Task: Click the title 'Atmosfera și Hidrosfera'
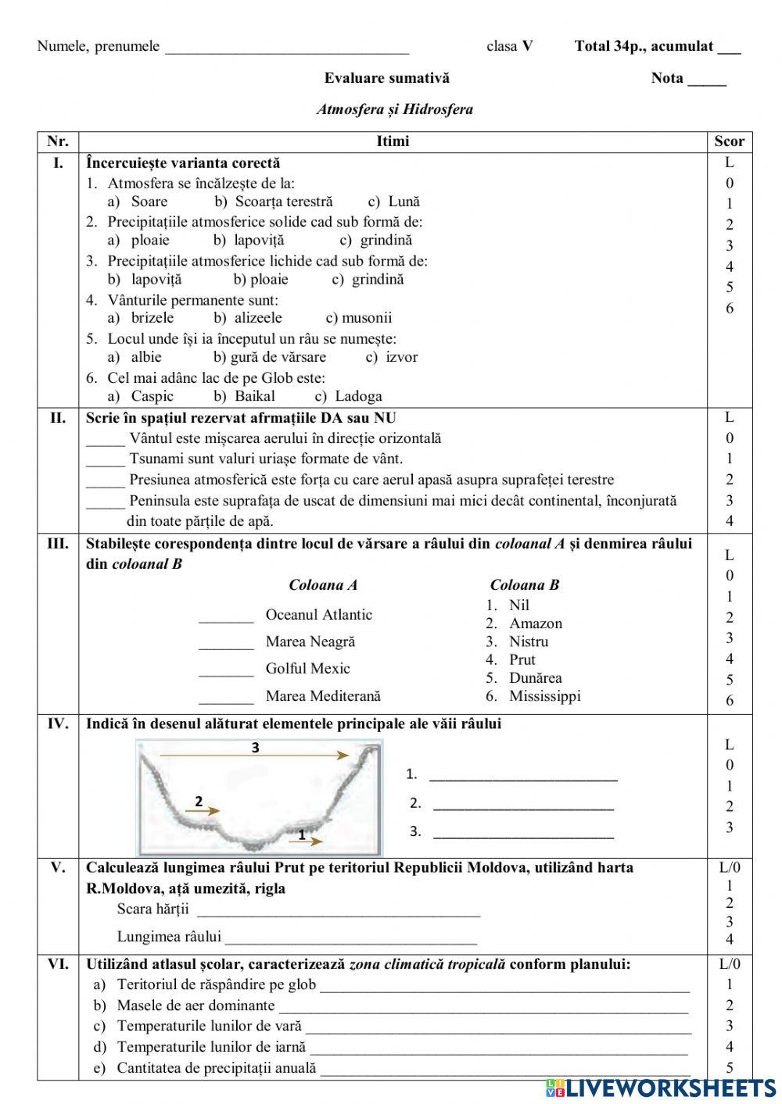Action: click(394, 109)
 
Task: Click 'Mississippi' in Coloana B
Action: click(544, 696)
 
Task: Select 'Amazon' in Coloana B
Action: click(535, 623)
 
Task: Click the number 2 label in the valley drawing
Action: click(199, 802)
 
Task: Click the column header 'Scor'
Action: click(729, 141)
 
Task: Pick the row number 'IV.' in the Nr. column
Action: click(58, 723)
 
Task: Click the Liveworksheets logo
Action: click(661, 1088)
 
